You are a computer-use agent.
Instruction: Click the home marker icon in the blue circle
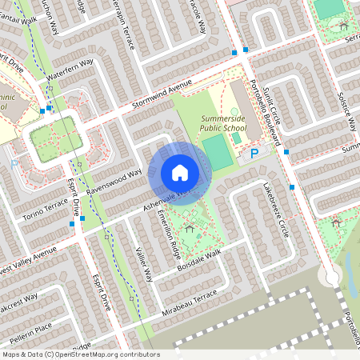[179, 173]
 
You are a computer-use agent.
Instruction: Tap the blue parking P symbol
[254, 153]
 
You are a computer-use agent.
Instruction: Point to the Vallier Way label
[142, 264]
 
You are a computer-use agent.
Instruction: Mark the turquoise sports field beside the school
[218, 152]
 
